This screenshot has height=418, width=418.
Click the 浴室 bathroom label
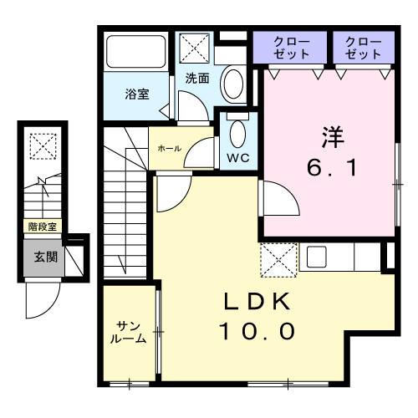pyautogui.click(x=137, y=94)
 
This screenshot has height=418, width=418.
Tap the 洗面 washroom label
pyautogui.click(x=197, y=79)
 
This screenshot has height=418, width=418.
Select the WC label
pyautogui.click(x=238, y=156)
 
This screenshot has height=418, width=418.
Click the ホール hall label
pyautogui.click(x=166, y=148)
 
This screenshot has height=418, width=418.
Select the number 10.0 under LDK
pyautogui.click(x=257, y=333)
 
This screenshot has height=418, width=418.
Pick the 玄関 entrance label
pyautogui.click(x=45, y=257)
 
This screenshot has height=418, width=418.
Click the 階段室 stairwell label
pyautogui.click(x=41, y=226)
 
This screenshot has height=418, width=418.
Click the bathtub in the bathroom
pyautogui.click(x=137, y=54)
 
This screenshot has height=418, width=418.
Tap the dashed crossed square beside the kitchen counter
pyautogui.click(x=279, y=260)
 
